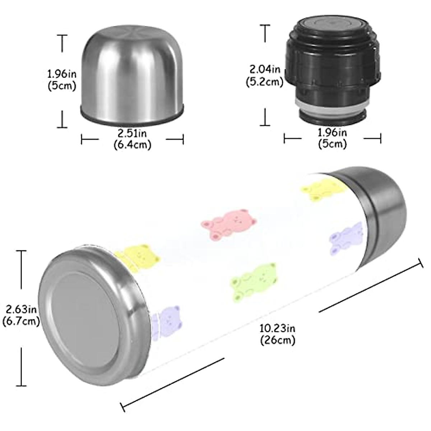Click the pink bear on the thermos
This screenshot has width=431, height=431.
click(x=228, y=224)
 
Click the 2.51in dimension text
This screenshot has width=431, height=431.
click(x=132, y=134)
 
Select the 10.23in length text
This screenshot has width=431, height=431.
click(x=277, y=329)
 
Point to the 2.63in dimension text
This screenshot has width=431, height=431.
click(x=21, y=310)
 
